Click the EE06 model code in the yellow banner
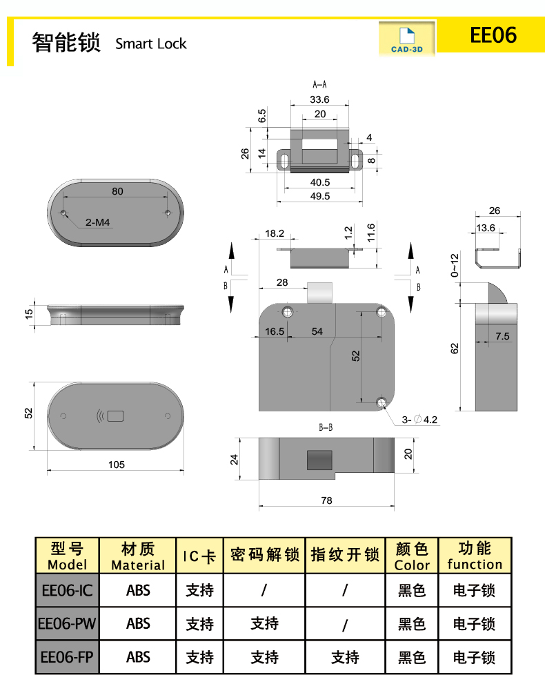tap(493, 35)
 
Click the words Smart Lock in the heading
tap(151, 44)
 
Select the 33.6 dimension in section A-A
tap(319, 99)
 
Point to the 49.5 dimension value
tap(319, 196)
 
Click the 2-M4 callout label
tap(99, 222)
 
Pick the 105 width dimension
tap(117, 465)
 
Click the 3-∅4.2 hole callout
tap(421, 420)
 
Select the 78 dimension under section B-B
tap(327, 500)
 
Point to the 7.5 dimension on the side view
tap(502, 337)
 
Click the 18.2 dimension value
tap(275, 234)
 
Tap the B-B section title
tap(326, 428)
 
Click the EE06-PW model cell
tap(68, 624)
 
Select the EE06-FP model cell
tap(68, 658)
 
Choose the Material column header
tap(138, 556)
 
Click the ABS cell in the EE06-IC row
tap(138, 591)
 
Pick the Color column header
tap(412, 556)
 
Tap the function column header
tap(475, 556)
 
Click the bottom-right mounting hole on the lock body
tap(382, 402)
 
